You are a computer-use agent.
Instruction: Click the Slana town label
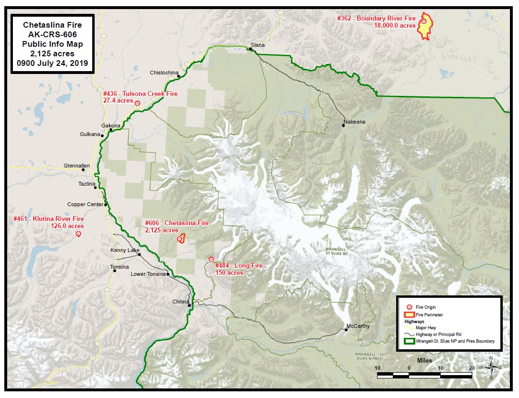point(258,45)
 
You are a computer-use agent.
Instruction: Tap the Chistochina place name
point(164,73)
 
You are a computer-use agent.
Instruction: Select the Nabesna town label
point(354,122)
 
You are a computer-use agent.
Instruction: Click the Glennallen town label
point(76,166)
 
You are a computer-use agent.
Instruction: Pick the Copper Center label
point(85,204)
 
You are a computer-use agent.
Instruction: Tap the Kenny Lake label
point(125,250)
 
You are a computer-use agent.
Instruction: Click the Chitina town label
point(181,302)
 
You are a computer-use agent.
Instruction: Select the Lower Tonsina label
point(148,274)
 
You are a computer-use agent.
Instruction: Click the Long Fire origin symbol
point(211,259)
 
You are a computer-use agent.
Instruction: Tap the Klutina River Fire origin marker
point(78,234)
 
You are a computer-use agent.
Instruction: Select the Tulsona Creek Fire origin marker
point(137,103)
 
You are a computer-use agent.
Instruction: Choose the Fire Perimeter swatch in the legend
point(409,314)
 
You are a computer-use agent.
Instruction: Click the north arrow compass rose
point(491,367)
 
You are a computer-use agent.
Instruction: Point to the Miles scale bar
point(425,375)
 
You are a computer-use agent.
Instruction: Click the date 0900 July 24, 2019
point(53,63)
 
